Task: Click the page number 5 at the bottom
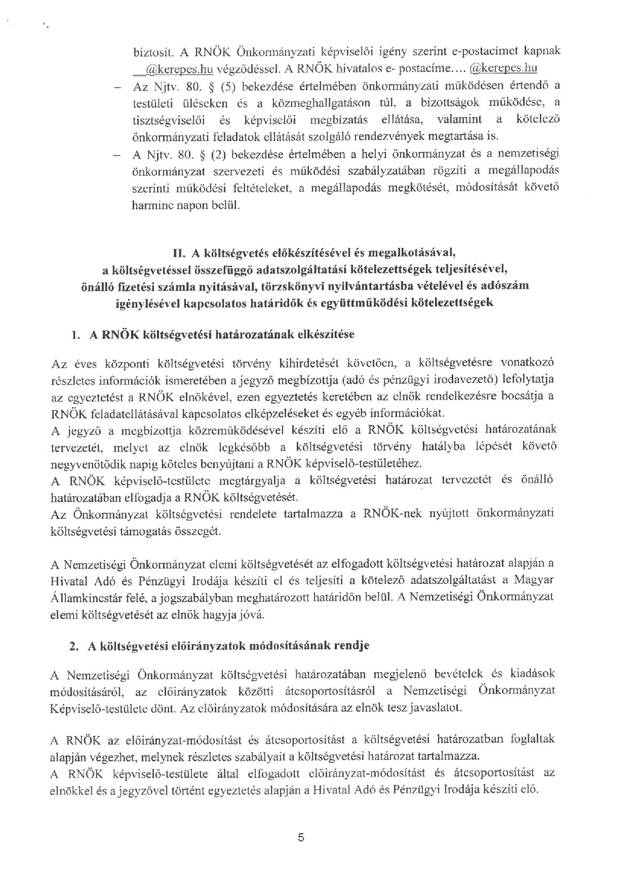tap(301, 837)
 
